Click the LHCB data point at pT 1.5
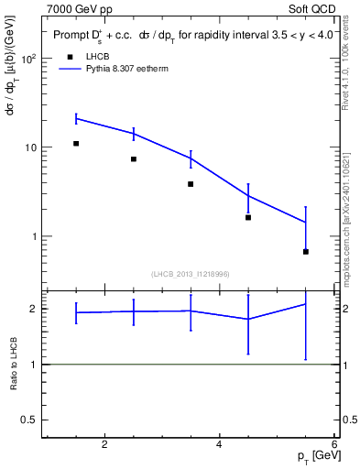pos(76,144)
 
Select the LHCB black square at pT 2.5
pos(134,159)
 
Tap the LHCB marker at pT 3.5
pos(191,184)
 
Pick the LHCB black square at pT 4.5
pos(248,217)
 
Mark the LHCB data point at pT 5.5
pos(305,251)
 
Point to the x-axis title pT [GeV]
pos(316,456)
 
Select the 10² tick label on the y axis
pos(27,59)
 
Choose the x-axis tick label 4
pos(219,445)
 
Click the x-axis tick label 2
pos(104,445)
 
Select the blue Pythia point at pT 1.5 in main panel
pos(76,118)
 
